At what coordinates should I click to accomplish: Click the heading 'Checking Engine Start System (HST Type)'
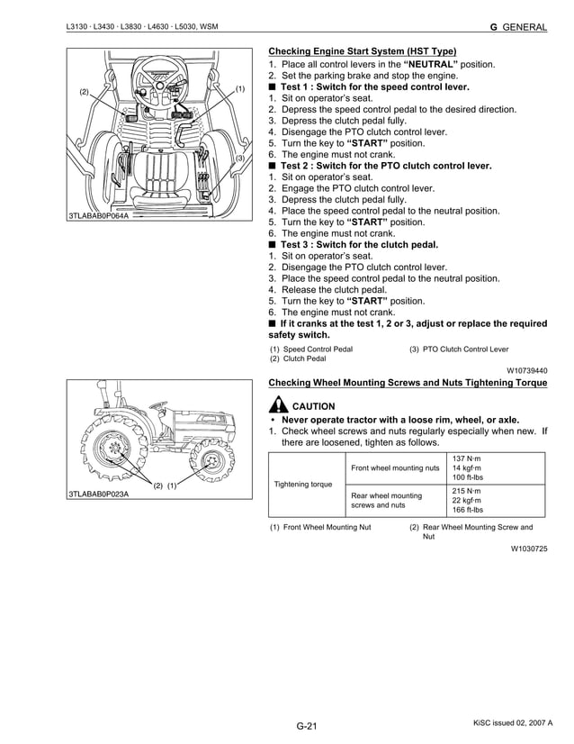click(x=362, y=51)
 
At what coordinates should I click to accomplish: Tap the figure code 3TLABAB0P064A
click(x=98, y=217)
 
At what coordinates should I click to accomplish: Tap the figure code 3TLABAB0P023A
click(x=98, y=494)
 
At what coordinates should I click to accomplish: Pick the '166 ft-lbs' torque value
click(x=468, y=510)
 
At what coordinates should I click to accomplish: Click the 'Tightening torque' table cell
click(x=304, y=485)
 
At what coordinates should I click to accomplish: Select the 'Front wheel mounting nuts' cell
click(x=395, y=467)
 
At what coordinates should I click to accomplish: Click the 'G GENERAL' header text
click(x=517, y=27)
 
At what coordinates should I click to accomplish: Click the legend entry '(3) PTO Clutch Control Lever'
click(x=458, y=349)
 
